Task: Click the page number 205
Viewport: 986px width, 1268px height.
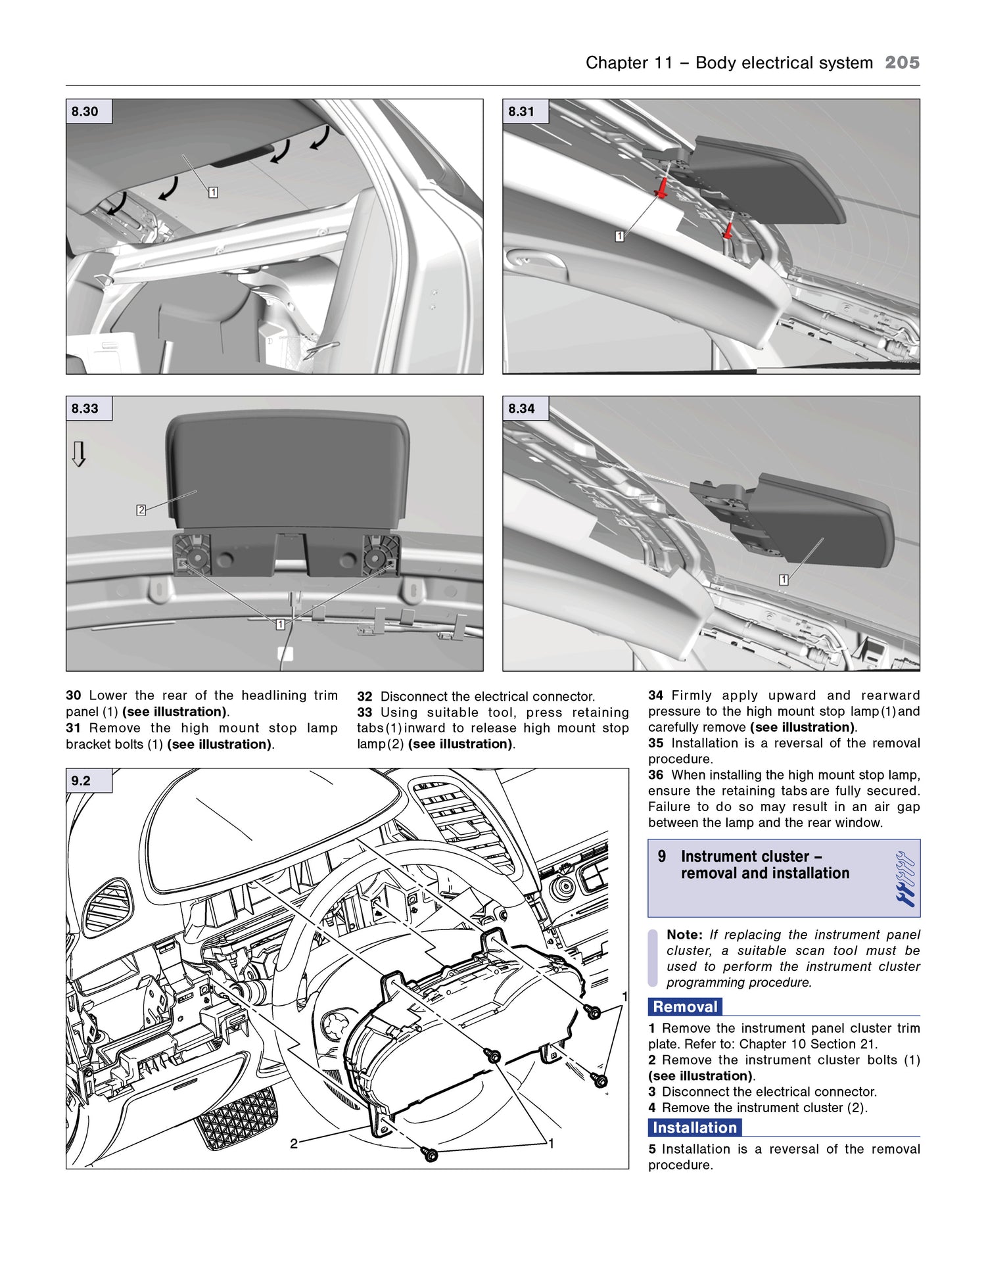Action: point(902,62)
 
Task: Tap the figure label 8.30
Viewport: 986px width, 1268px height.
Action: point(85,112)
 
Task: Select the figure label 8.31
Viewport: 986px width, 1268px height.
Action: point(521,112)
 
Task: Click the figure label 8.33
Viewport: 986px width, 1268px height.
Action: point(85,408)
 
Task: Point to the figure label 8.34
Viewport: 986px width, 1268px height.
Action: point(521,408)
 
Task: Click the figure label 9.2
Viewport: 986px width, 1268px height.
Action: point(81,780)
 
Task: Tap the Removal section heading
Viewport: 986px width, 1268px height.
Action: point(685,1006)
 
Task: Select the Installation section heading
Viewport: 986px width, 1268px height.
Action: point(694,1127)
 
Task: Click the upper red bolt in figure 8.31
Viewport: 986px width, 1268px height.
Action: point(661,189)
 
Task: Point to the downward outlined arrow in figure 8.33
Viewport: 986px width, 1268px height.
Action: point(79,454)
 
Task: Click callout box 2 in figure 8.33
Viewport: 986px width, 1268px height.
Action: point(141,510)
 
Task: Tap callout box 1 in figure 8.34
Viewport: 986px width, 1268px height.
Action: point(784,580)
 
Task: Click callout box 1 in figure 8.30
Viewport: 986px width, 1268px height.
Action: point(213,193)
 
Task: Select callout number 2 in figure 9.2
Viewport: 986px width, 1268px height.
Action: point(294,1144)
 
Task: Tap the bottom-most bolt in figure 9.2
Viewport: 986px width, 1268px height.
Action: point(431,1154)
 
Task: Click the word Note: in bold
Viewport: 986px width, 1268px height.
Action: point(684,934)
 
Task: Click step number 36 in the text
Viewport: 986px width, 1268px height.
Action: point(655,775)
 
